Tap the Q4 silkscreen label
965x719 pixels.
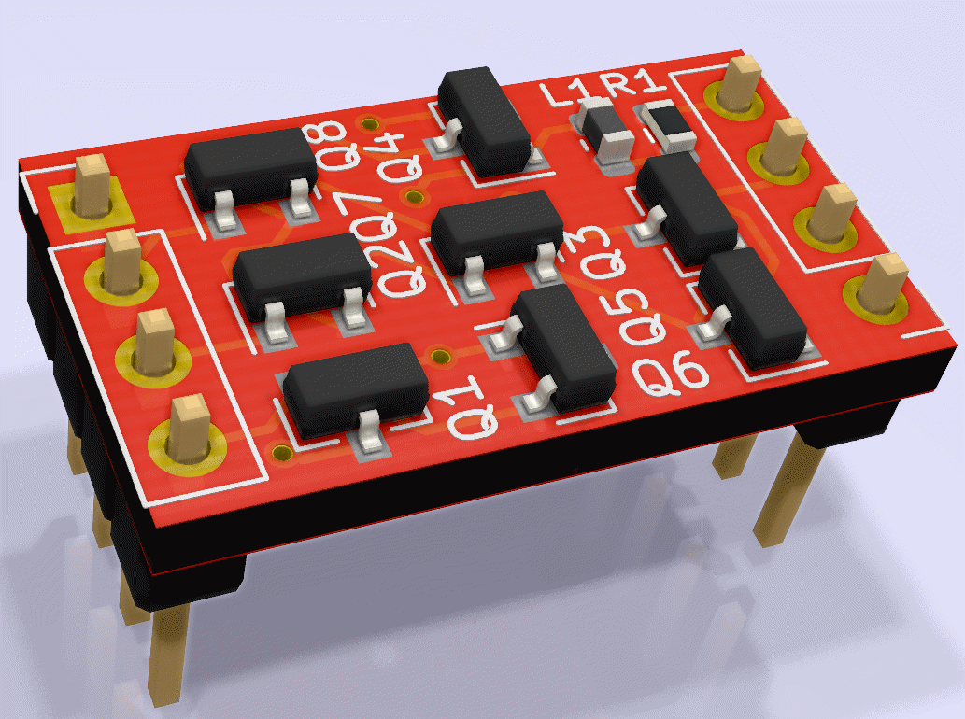coord(400,158)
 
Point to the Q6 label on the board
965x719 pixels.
coord(670,374)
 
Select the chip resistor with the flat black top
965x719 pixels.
coord(668,125)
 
